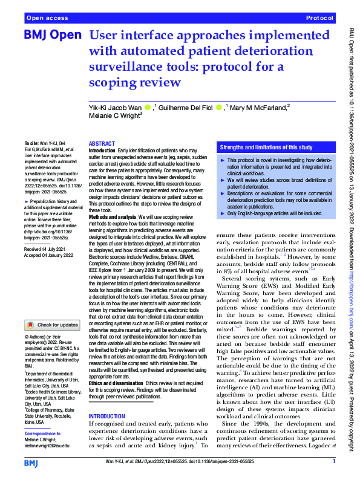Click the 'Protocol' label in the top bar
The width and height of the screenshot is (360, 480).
click(319, 19)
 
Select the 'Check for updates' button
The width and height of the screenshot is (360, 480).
click(51, 325)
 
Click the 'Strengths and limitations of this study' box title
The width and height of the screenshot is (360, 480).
click(266, 147)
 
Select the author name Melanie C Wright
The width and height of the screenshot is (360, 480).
click(115, 114)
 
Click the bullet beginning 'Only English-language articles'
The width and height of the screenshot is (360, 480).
click(272, 213)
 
